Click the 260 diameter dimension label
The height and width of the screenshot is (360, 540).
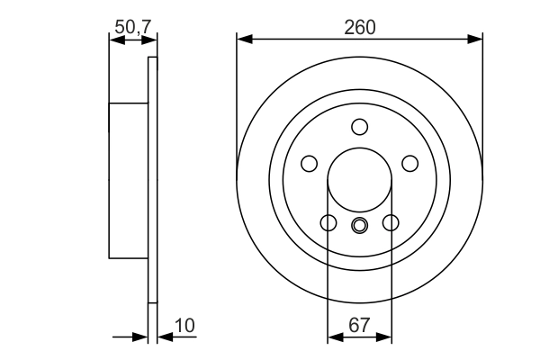pos(360,27)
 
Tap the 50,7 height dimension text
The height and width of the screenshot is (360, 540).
pos(131,27)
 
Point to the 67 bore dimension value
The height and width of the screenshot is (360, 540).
pos(359,325)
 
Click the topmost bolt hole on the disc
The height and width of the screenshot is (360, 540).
pos(360,126)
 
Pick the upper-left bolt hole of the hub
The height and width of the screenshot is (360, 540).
pos(310,163)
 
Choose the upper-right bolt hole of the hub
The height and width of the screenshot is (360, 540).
pos(410,163)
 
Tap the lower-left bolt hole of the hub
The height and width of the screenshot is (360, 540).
pos(328,222)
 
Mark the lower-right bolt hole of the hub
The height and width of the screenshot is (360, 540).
pos(391,222)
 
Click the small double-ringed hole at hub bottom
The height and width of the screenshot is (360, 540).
pos(360,225)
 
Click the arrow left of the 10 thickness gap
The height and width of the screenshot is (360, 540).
pos(139,337)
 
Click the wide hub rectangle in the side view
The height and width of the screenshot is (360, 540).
pos(128,180)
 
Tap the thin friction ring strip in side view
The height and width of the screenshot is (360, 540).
pos(152,180)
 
